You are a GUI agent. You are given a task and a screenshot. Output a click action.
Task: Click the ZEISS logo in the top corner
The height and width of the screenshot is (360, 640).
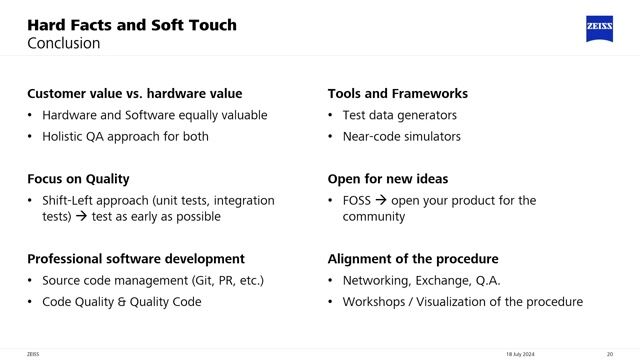click(601, 29)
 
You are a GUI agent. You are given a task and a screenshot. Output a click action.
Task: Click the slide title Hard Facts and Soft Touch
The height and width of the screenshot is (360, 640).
click(131, 24)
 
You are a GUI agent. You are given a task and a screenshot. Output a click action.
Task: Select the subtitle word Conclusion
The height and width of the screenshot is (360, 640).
click(63, 44)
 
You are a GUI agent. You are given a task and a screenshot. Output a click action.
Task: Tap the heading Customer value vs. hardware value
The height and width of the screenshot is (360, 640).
click(134, 94)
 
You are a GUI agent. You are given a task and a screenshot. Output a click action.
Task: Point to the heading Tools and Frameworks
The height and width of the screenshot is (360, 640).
click(397, 94)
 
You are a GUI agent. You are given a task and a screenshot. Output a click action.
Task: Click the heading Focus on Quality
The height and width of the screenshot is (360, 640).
click(78, 179)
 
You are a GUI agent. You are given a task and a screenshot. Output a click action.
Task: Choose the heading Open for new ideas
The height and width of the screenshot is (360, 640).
click(388, 179)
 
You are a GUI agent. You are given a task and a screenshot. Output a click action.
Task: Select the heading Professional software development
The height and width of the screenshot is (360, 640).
click(135, 259)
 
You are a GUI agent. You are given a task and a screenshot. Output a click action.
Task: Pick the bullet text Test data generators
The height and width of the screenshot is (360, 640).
click(399, 115)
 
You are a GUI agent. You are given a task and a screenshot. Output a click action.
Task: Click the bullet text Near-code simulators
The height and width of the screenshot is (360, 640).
click(401, 136)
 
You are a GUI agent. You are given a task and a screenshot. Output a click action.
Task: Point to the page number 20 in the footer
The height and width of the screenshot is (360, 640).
click(609, 353)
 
